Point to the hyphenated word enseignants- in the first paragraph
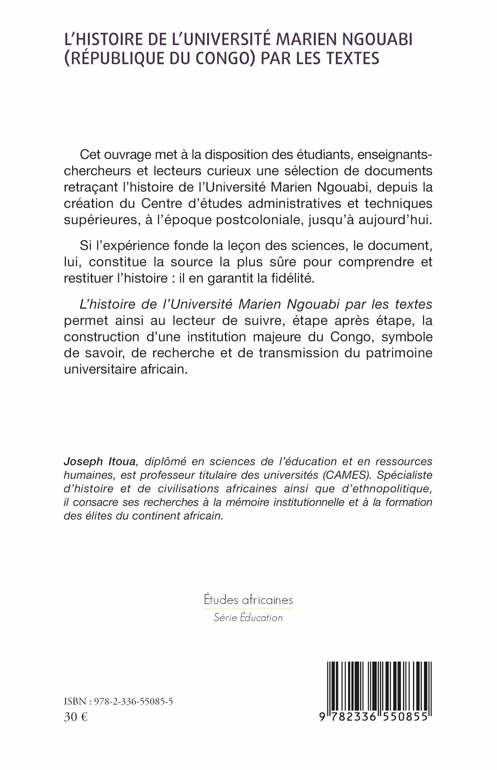pos(391,155)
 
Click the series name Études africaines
pos(248,600)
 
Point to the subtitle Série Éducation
pos(248,618)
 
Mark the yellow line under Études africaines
pos(248,609)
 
